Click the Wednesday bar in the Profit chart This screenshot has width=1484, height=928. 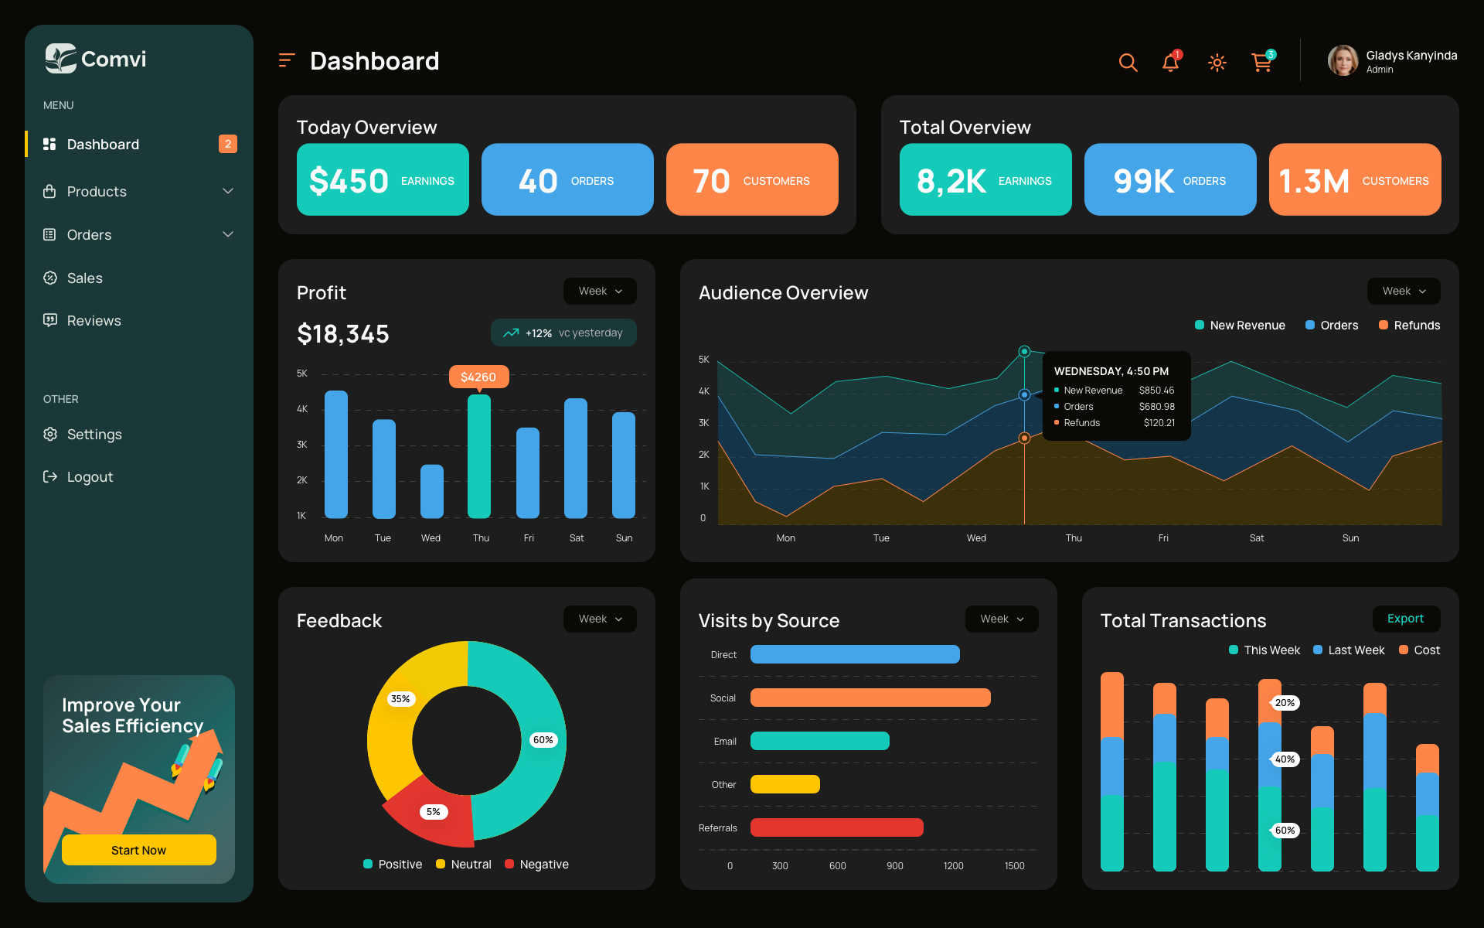point(431,492)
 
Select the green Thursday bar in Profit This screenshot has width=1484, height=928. point(479,456)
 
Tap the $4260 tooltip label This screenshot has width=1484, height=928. point(478,377)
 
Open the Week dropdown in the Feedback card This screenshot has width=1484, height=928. point(600,619)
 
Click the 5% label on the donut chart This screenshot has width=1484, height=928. point(434,812)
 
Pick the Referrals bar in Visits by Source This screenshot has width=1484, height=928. point(836,827)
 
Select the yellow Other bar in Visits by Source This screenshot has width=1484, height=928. point(785,784)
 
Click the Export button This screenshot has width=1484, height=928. point(1405,619)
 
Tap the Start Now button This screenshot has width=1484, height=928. point(139,850)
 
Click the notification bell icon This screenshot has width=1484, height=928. point(1170,63)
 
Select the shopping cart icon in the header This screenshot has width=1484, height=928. point(1261,63)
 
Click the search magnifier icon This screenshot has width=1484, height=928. point(1128,63)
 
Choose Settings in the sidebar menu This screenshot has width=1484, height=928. point(94,434)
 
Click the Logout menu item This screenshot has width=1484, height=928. point(90,477)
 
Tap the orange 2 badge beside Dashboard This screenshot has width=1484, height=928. point(227,144)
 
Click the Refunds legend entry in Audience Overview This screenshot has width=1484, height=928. point(1409,326)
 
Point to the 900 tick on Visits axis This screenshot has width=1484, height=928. point(895,866)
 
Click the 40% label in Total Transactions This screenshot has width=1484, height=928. point(1285,759)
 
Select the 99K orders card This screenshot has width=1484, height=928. point(1170,179)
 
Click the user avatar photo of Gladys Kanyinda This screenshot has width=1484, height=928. point(1343,60)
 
